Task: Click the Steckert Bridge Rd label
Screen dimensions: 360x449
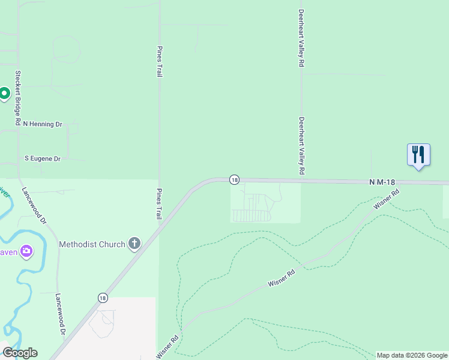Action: tap(19, 98)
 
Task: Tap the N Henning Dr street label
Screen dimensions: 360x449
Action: tap(43, 124)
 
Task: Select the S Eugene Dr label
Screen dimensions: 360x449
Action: tap(42, 159)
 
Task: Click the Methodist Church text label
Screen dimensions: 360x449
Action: tap(92, 244)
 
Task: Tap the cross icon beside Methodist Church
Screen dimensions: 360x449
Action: tap(134, 244)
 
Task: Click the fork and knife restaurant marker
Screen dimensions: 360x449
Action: tap(418, 155)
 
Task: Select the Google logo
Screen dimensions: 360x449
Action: tap(20, 353)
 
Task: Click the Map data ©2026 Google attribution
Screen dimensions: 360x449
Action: tap(412, 355)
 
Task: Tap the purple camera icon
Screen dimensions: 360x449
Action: tap(26, 251)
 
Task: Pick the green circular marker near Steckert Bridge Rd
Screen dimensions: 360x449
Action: tap(4, 93)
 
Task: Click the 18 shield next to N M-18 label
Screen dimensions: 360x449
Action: tap(234, 179)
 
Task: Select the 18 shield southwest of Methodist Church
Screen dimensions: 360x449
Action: tap(103, 298)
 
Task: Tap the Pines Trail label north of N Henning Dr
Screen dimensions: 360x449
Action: tap(160, 62)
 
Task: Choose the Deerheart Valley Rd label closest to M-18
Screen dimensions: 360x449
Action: tap(301, 145)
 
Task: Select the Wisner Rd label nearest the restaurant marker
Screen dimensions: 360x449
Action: tap(386, 200)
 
